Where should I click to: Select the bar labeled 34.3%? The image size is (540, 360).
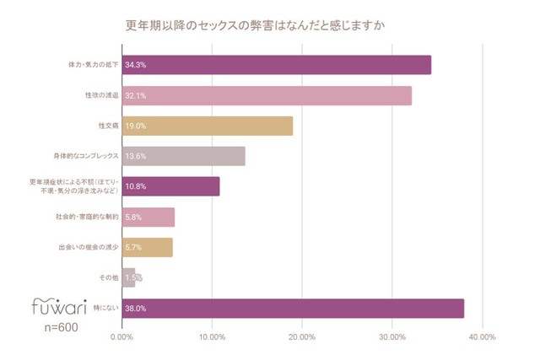click(x=277, y=64)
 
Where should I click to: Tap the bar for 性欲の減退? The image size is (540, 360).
click(x=267, y=95)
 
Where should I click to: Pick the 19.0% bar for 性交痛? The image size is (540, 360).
click(x=208, y=126)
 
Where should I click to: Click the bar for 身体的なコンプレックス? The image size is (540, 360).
click(x=184, y=156)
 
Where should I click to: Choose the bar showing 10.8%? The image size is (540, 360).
click(x=171, y=186)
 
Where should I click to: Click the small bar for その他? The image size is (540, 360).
click(x=129, y=277)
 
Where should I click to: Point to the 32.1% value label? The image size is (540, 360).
click(x=136, y=95)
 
